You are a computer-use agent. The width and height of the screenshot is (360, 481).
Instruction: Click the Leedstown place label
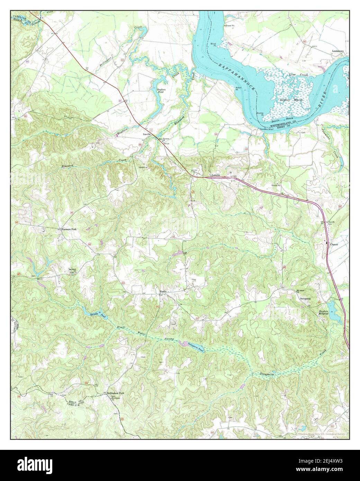[x=339, y=51]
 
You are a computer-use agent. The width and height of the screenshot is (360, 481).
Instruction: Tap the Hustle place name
[x=163, y=291]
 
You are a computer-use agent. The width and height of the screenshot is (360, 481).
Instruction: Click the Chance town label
[x=334, y=244]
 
